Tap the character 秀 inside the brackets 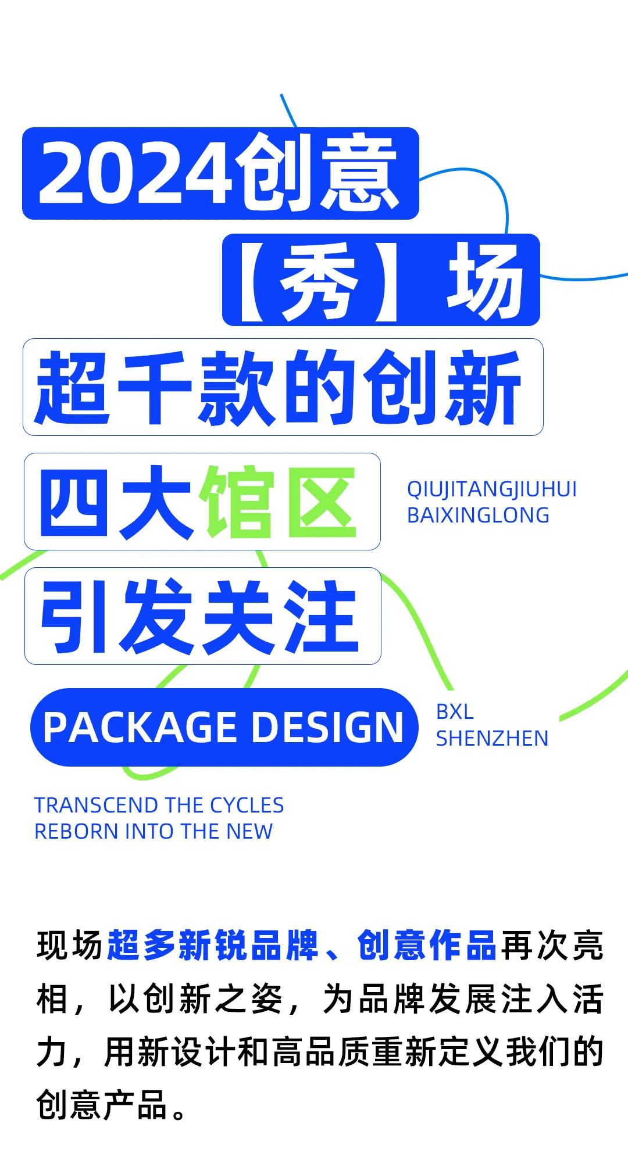(318, 281)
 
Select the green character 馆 (237, 502)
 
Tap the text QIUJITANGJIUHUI (492, 490)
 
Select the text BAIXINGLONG (478, 516)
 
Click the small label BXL (455, 712)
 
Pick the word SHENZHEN (492, 739)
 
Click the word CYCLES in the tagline (247, 806)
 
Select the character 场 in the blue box (486, 281)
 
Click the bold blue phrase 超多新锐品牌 (213, 946)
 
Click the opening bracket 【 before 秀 (254, 281)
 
